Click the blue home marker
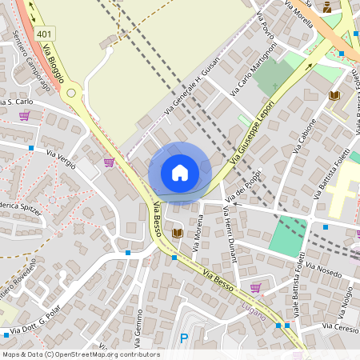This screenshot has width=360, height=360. [x=180, y=173]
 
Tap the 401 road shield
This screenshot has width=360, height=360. [x=45, y=34]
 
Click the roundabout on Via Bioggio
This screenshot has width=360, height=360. [x=72, y=93]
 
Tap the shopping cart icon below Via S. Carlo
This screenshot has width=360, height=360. [x=24, y=115]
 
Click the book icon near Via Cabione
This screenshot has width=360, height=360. [x=334, y=95]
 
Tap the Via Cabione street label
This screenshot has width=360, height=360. [x=306, y=138]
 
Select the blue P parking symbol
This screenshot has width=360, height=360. [x=185, y=338]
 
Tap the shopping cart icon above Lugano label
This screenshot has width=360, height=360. [x=255, y=288]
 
